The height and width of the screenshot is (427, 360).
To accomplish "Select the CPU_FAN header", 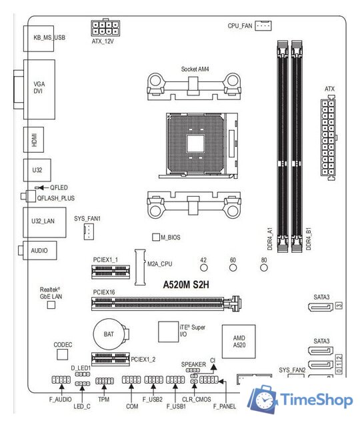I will (x=264, y=25).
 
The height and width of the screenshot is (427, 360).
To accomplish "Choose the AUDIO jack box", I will (x=41, y=251).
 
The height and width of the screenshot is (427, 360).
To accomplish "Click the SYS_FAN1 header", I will (x=87, y=232).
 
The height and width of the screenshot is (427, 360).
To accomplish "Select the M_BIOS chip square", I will (x=157, y=237).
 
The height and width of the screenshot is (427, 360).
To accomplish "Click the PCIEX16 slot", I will (x=165, y=304).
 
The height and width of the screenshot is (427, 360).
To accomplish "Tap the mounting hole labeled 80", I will (x=264, y=268).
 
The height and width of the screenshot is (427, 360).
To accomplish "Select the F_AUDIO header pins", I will (x=60, y=381).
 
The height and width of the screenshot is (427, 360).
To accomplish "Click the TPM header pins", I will (x=104, y=381).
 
